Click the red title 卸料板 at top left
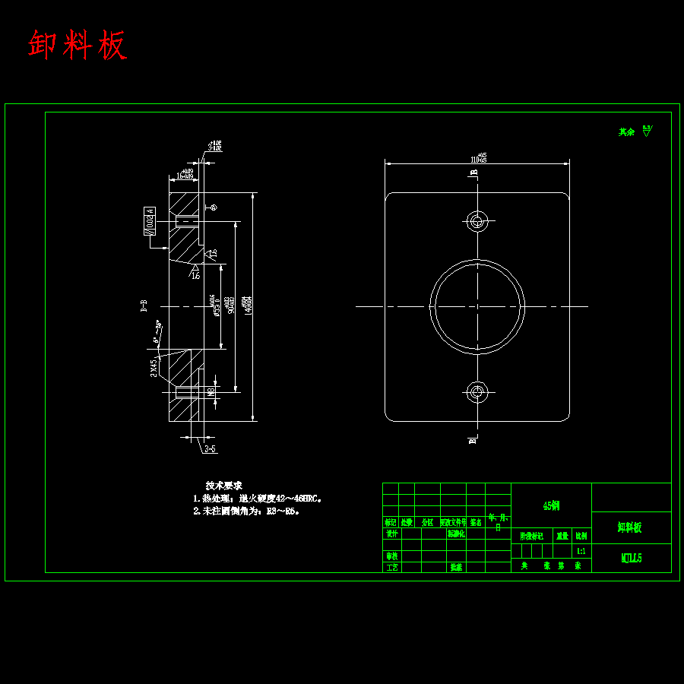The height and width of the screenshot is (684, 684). click(77, 46)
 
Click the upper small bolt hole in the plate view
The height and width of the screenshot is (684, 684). click(477, 221)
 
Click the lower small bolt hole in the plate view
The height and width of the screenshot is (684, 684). click(477, 391)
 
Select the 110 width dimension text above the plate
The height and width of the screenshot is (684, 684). click(478, 160)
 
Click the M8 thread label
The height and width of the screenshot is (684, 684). click(211, 391)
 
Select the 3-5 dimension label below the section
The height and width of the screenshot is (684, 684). click(210, 449)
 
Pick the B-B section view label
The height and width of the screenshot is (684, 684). click(144, 306)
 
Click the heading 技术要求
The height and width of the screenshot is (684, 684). click(223, 485)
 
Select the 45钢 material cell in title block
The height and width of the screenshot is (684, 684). click(551, 505)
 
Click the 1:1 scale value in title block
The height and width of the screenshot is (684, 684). click(581, 551)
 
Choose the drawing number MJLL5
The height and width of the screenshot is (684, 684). click(632, 558)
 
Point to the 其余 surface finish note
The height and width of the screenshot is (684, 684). click(626, 131)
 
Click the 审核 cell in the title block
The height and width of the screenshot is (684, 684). click(391, 556)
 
